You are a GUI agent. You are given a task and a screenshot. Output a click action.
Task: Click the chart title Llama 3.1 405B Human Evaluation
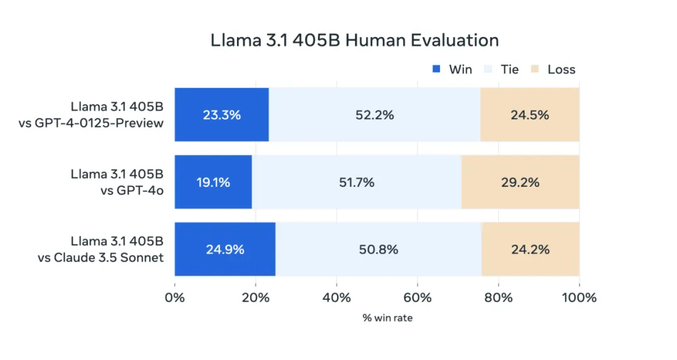(x=355, y=41)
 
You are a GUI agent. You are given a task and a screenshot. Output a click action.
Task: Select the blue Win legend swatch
(x=437, y=69)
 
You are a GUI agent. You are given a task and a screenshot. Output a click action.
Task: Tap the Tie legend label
(x=510, y=69)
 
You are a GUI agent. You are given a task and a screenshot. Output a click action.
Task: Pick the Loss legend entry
(x=561, y=69)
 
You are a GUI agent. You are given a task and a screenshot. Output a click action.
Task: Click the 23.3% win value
(x=221, y=115)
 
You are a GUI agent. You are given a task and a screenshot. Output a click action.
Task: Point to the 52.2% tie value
(x=374, y=115)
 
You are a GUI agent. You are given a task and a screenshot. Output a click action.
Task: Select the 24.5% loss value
(x=530, y=115)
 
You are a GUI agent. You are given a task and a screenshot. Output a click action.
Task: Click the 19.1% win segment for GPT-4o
(x=213, y=183)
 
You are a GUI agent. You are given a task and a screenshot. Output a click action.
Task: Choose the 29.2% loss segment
(x=520, y=183)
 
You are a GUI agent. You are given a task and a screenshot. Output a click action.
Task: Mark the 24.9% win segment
(x=225, y=249)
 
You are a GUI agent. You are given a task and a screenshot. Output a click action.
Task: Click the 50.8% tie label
(x=379, y=249)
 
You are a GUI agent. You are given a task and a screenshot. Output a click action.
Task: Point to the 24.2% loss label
(x=530, y=249)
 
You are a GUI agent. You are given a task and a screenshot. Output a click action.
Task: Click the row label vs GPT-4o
(x=132, y=190)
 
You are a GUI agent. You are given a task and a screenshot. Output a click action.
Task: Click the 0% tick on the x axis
(x=175, y=297)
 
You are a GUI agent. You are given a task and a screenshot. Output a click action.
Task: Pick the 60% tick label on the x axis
(x=417, y=297)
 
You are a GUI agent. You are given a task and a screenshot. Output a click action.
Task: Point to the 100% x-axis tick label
(x=579, y=297)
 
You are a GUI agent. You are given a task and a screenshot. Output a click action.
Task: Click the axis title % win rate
(x=387, y=318)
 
